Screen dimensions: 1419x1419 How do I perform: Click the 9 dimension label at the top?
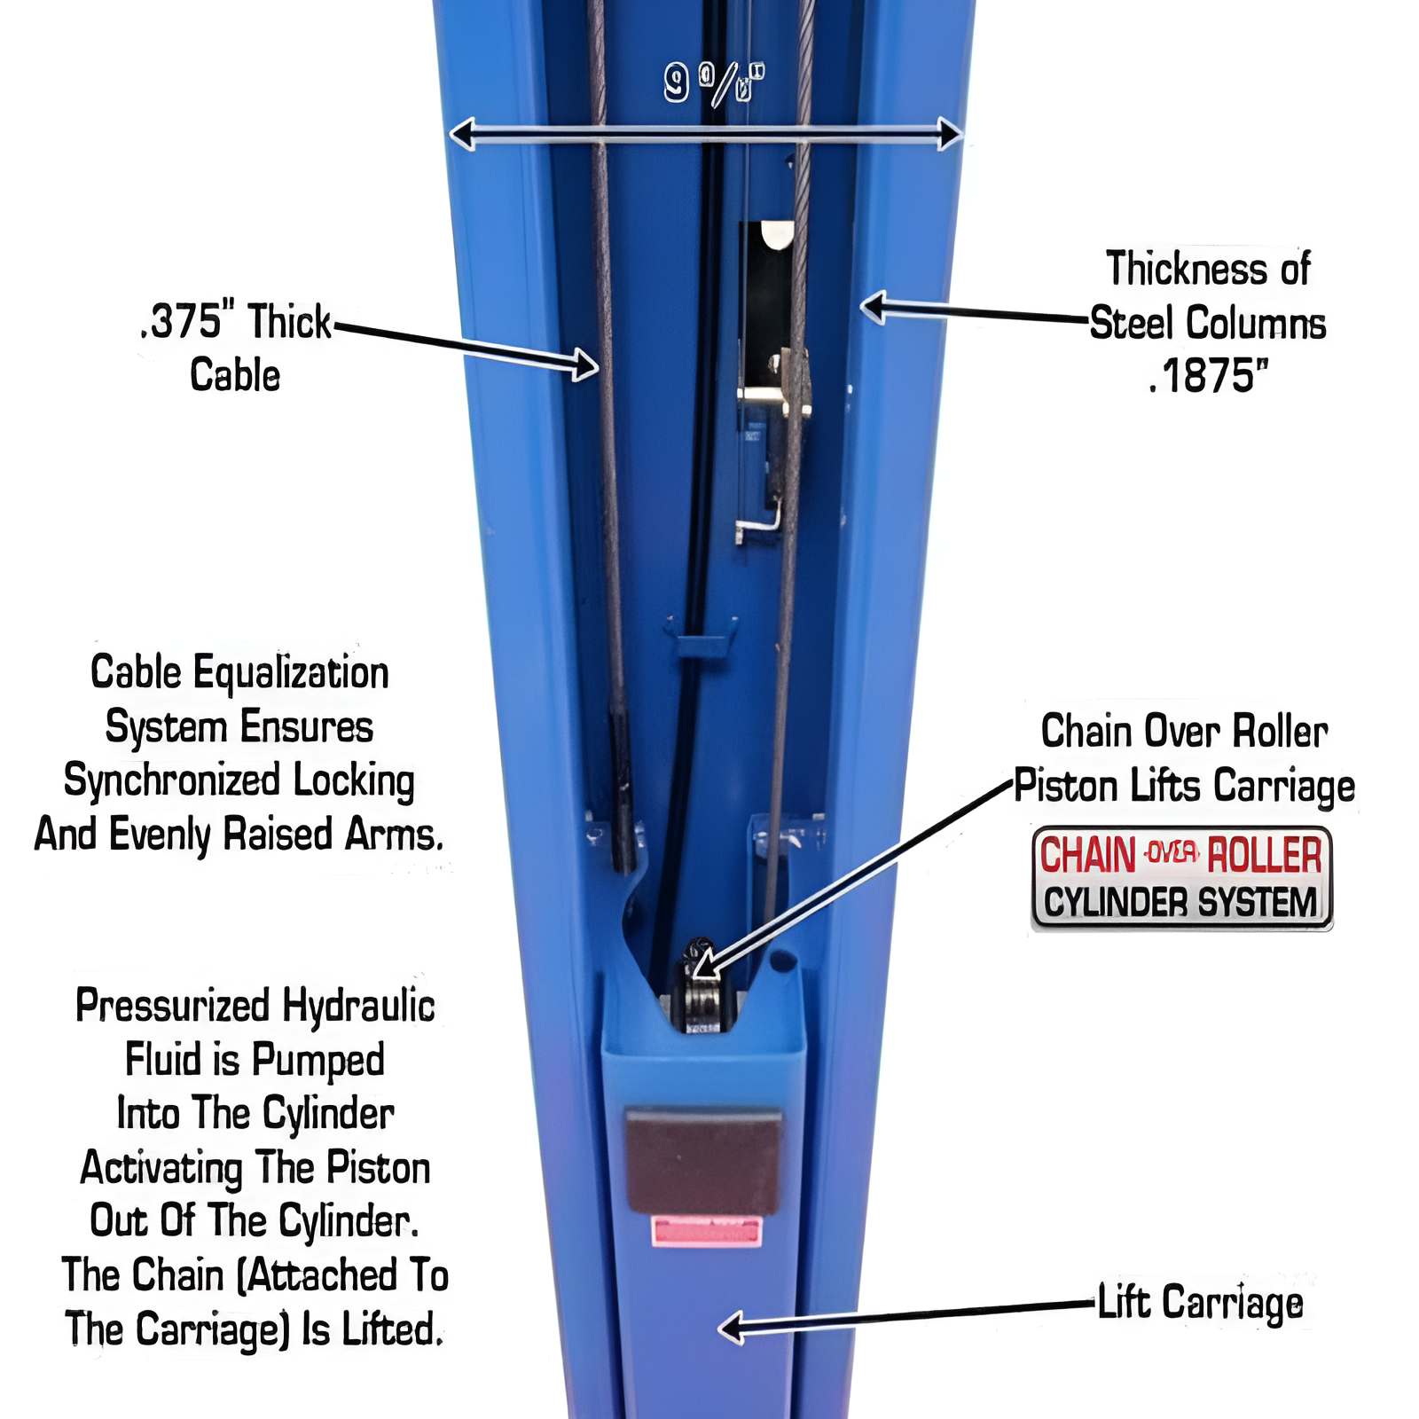(677, 83)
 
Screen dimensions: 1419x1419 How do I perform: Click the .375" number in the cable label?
(189, 321)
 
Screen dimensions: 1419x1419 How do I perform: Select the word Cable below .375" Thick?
(235, 375)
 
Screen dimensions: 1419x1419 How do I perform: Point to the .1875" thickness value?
(1208, 376)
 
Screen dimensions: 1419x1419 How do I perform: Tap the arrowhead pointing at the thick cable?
(585, 365)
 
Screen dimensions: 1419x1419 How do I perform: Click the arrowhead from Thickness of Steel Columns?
(874, 308)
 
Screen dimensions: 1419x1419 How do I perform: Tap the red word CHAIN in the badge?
(1086, 855)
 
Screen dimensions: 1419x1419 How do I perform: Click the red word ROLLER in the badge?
(1264, 855)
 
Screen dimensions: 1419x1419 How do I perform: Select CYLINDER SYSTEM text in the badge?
(1180, 903)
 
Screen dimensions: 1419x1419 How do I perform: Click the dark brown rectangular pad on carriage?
(704, 1160)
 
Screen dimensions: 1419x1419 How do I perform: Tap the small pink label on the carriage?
(707, 1231)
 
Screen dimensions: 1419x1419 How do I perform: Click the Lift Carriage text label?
(1200, 1303)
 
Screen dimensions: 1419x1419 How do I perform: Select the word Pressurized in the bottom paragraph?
(172, 1006)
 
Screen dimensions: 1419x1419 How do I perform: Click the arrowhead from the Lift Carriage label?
(732, 1328)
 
